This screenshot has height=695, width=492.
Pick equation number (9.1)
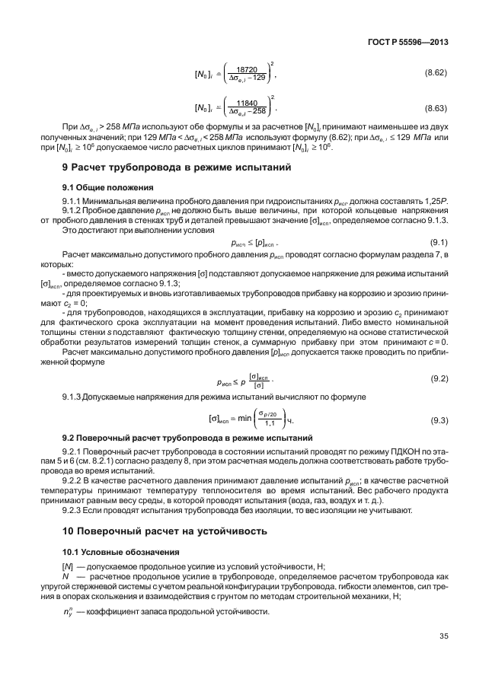pyautogui.click(x=439, y=241)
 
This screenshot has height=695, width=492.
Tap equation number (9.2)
pyautogui.click(x=439, y=378)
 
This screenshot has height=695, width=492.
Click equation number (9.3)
pyautogui.click(x=439, y=419)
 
